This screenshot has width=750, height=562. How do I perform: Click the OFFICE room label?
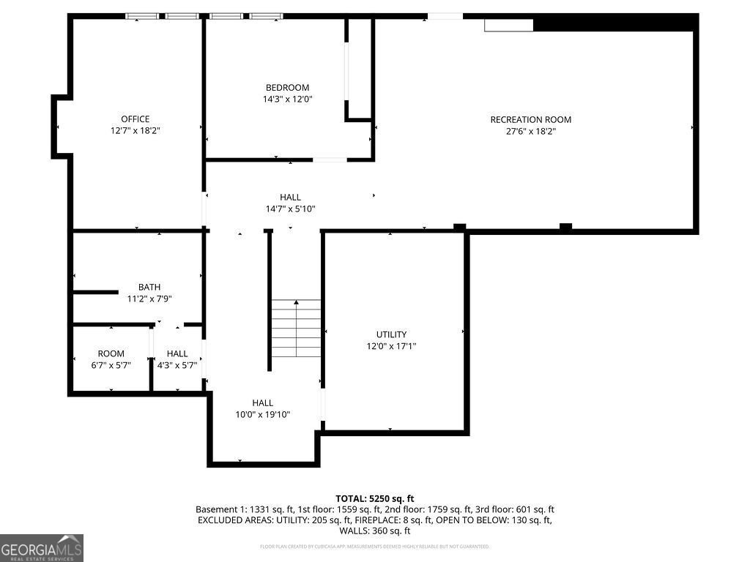135,119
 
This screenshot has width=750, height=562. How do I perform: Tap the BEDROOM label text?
287,88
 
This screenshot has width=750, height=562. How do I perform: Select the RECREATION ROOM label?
530,119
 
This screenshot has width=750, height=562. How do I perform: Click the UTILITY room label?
391,334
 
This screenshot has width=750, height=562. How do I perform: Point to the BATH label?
149,287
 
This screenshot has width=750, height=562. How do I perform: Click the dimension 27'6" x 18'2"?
530,132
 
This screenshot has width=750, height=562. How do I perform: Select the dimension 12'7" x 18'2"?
135,131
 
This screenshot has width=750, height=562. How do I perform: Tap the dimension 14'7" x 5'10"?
290,209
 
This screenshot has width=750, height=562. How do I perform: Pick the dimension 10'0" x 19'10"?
262,414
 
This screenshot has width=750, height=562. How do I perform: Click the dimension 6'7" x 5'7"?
111,365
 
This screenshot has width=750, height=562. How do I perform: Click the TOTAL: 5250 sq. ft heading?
374,498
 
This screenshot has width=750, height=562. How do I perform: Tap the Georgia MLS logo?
42,547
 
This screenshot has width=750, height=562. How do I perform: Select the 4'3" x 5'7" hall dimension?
177,365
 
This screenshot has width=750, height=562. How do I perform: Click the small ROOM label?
111,353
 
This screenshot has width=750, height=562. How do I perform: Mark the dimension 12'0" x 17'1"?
391,346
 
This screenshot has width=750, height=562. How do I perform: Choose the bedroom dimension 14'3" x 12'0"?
287,100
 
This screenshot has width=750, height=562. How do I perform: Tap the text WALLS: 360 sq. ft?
374,531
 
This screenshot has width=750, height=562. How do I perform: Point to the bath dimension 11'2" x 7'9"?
149,299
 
